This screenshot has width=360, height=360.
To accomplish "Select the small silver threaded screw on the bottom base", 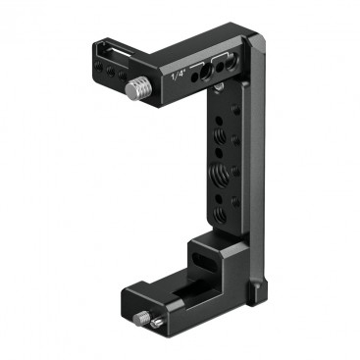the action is click(x=141, y=317).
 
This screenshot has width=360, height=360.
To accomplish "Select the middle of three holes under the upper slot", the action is click(x=111, y=72).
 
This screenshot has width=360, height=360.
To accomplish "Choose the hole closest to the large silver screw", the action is click(x=123, y=76).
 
